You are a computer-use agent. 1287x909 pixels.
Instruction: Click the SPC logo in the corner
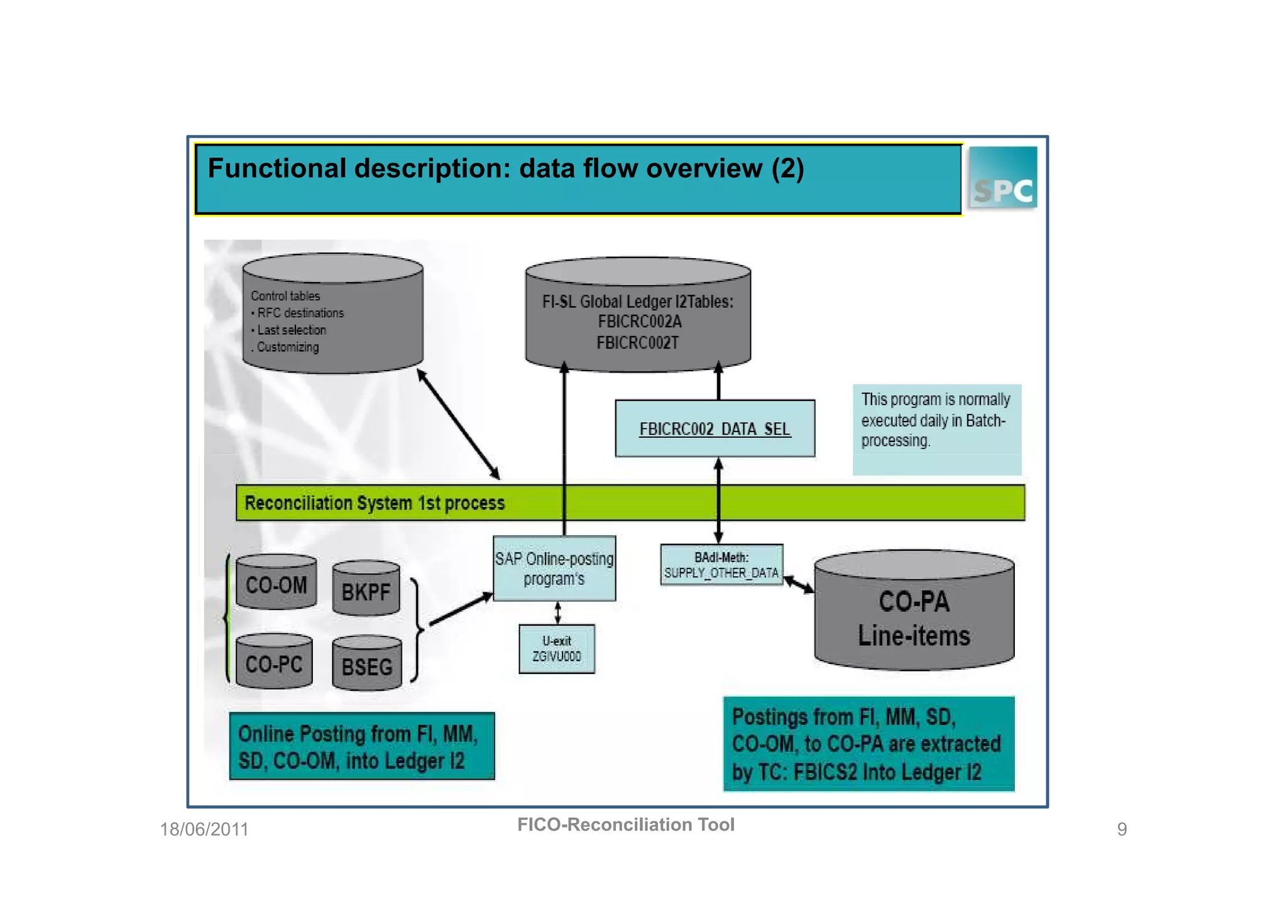pos(1002,178)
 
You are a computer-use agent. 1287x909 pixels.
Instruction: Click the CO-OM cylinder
pos(277,584)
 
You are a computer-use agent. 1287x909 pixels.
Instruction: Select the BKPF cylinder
pos(366,589)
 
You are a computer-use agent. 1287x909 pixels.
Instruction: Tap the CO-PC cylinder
pos(274,663)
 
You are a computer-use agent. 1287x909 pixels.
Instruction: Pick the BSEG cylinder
pos(366,665)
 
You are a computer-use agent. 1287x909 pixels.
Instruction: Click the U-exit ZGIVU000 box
pos(557,649)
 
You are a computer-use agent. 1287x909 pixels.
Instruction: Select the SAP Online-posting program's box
pos(554,569)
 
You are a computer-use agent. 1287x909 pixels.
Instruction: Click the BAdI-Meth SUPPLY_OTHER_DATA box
pos(721,565)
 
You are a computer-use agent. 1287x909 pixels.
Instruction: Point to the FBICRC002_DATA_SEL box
pos(715,428)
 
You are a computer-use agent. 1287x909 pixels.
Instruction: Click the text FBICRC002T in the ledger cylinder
pos(637,343)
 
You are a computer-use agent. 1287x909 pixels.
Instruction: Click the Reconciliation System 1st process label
pos(375,503)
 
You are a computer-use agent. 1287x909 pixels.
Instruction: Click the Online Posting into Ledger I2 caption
pos(362,746)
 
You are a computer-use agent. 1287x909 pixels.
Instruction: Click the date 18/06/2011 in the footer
pos(204,829)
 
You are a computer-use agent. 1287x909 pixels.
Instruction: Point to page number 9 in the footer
pos(1122,829)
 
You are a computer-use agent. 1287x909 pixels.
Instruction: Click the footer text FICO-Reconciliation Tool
pos(626,824)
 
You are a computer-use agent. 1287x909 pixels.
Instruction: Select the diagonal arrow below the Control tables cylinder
pos(459,425)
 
